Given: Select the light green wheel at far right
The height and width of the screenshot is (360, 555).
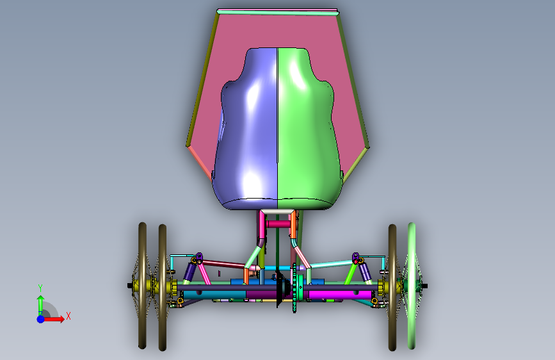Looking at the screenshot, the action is pos(412,286).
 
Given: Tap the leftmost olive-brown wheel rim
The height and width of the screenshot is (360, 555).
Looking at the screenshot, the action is pos(142,286).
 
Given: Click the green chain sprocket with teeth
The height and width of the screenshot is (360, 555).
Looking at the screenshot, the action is pos(294,288).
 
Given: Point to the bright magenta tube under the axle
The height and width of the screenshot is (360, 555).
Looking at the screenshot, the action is pos(341,295).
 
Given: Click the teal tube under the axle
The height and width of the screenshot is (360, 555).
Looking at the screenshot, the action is pos(214,295).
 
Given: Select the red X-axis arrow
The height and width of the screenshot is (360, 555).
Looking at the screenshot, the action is pos(54,319).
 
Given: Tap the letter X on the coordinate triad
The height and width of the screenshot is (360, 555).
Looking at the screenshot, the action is pos(68,316).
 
